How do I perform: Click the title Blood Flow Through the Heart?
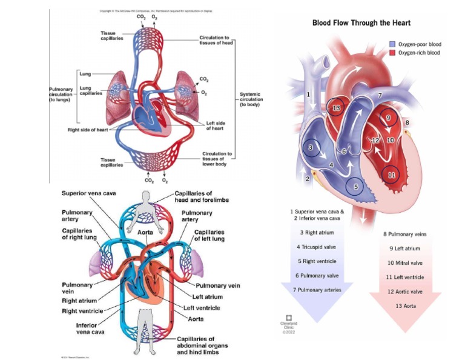[361, 23]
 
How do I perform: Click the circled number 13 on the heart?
[337, 108]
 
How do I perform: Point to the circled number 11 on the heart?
[391, 175]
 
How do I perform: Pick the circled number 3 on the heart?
[311, 147]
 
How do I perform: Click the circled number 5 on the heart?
[356, 187]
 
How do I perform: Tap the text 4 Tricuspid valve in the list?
[317, 247]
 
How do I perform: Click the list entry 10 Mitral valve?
[405, 262]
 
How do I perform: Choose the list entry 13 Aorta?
[405, 306]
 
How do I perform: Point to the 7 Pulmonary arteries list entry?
[317, 290]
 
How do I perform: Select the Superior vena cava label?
[88, 193]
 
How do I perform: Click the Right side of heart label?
[90, 130]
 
